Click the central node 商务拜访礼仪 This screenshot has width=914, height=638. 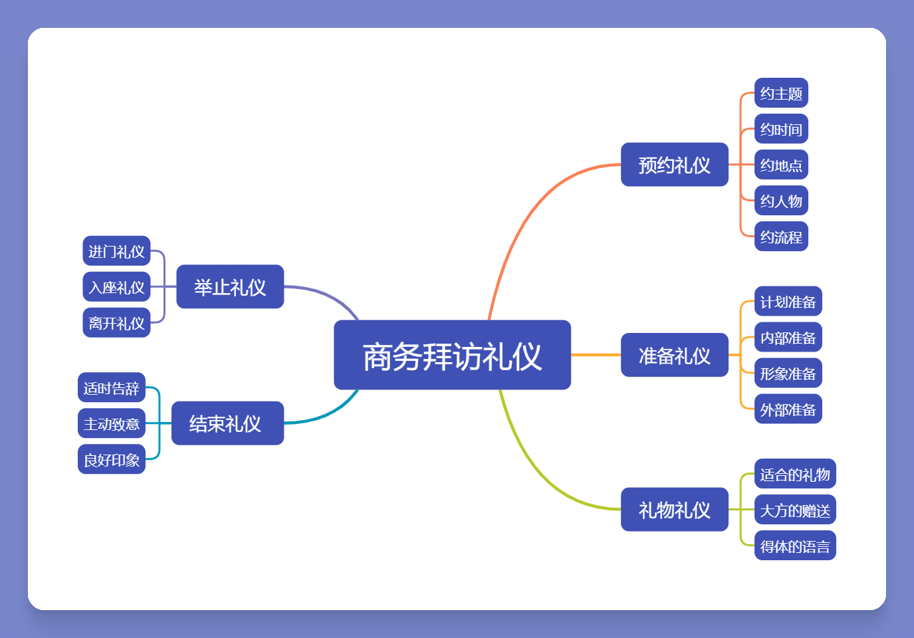tap(452, 355)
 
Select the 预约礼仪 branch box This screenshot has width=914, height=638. tap(675, 164)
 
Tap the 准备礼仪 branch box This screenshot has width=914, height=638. tap(675, 355)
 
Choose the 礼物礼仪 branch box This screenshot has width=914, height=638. tap(675, 509)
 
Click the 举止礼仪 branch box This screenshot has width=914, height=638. tap(230, 286)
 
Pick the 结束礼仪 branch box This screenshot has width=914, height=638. tap(228, 423)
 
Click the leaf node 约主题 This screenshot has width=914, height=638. tap(782, 93)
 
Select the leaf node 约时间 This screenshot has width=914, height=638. tap(782, 129)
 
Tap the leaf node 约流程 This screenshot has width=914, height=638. tap(782, 236)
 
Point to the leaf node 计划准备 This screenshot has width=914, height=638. tap(788, 301)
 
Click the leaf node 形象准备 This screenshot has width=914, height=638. tap(788, 373)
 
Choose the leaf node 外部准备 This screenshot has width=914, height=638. tap(788, 409)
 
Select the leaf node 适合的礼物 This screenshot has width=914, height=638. tap(795, 474)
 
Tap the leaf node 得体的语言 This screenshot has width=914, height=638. tap(795, 546)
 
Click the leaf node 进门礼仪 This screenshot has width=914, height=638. tap(117, 251)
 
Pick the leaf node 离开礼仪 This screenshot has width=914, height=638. tap(117, 322)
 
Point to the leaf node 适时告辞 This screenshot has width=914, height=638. tap(112, 387)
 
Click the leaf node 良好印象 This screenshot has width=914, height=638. tap(112, 459)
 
